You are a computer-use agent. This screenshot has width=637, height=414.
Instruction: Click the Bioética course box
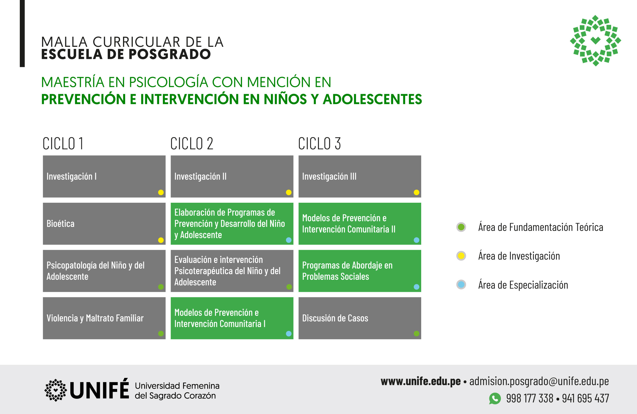click(104, 224)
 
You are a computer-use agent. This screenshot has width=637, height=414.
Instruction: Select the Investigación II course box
click(232, 176)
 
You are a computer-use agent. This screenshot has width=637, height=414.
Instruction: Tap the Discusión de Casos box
click(360, 318)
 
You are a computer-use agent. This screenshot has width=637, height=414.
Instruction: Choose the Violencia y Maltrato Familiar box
click(104, 318)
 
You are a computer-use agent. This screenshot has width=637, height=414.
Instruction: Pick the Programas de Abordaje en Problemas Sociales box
click(360, 271)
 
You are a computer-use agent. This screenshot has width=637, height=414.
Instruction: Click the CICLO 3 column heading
click(319, 143)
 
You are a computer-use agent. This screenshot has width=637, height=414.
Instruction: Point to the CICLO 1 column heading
click(63, 143)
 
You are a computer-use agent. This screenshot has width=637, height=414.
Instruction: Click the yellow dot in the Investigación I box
click(161, 192)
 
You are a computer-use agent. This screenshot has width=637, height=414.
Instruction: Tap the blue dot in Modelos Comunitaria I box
click(289, 334)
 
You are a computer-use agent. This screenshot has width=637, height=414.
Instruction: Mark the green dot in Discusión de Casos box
click(416, 334)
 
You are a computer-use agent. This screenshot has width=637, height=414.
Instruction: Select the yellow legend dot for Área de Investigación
click(461, 256)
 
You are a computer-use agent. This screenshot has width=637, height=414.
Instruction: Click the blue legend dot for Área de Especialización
click(461, 285)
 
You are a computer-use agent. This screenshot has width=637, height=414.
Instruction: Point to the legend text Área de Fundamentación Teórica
click(541, 227)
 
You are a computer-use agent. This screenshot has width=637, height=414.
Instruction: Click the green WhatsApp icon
click(495, 398)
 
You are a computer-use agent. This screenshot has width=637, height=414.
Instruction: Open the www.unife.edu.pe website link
click(421, 381)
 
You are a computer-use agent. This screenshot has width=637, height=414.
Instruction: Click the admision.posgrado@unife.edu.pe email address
click(539, 382)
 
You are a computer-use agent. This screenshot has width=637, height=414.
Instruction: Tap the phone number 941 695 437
click(585, 398)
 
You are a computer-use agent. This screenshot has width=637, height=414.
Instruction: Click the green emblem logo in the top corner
click(595, 40)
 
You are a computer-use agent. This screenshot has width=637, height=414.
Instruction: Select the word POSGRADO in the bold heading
click(170, 54)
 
